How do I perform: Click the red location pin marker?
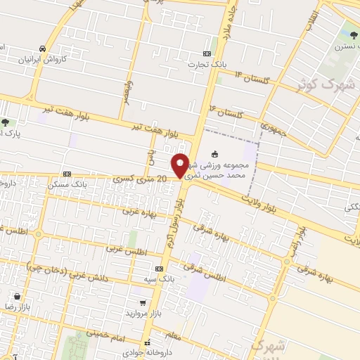(x=181, y=165)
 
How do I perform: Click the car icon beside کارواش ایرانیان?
(x=43, y=49)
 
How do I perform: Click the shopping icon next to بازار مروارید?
(x=141, y=307)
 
